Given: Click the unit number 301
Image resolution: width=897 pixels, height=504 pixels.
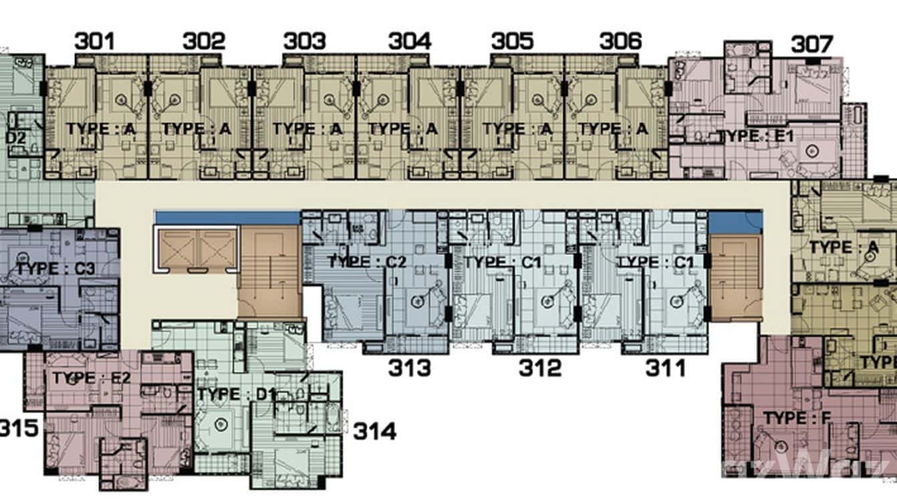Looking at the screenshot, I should [94, 41].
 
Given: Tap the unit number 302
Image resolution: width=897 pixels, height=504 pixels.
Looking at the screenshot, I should [204, 41].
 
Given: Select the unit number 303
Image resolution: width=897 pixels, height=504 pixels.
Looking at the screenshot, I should [304, 41].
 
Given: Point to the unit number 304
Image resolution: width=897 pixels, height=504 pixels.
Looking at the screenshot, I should [410, 41].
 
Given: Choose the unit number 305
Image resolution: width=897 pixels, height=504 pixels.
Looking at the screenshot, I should [512, 41].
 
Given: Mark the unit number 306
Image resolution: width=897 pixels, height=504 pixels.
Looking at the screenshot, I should [620, 41].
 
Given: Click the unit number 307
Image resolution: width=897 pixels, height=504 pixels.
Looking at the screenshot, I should [812, 45].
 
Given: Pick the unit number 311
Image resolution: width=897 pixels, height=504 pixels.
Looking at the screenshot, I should [665, 368].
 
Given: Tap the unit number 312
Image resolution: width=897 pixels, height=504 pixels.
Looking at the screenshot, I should [540, 368].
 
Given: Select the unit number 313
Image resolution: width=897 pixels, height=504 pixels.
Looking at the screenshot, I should [410, 368].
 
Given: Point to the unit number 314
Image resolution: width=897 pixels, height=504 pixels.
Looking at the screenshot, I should [374, 431].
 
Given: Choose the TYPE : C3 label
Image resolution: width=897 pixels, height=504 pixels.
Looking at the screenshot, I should [55, 269].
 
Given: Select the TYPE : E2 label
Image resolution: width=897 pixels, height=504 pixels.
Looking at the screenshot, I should [92, 378].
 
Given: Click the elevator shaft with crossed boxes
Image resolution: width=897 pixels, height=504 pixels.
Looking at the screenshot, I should [195, 249].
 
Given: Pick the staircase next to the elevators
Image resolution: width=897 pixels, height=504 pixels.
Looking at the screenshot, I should [269, 271].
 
